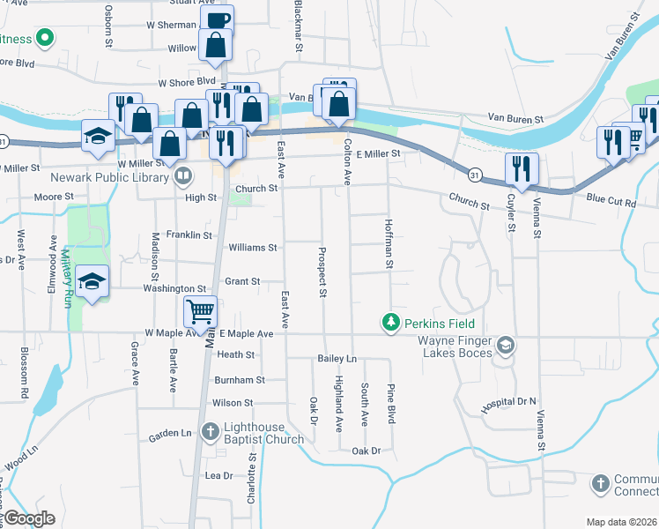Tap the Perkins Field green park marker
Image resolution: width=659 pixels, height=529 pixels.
(x=389, y=324)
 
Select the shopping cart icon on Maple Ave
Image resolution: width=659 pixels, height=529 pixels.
(x=200, y=312)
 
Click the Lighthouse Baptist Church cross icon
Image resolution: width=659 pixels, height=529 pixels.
(x=210, y=431)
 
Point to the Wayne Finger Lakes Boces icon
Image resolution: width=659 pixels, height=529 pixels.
(x=505, y=345)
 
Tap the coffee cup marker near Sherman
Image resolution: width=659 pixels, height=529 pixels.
(x=218, y=19)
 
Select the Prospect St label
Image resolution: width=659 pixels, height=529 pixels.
(x=323, y=270)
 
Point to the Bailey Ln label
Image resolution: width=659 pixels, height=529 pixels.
(x=337, y=359)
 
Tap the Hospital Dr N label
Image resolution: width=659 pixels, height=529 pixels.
(x=508, y=401)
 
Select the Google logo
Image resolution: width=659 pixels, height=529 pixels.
(x=29, y=518)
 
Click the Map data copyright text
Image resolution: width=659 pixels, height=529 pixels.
(x=621, y=522)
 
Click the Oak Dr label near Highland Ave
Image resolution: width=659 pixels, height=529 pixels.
(x=366, y=451)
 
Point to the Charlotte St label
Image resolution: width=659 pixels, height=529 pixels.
(x=253, y=477)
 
